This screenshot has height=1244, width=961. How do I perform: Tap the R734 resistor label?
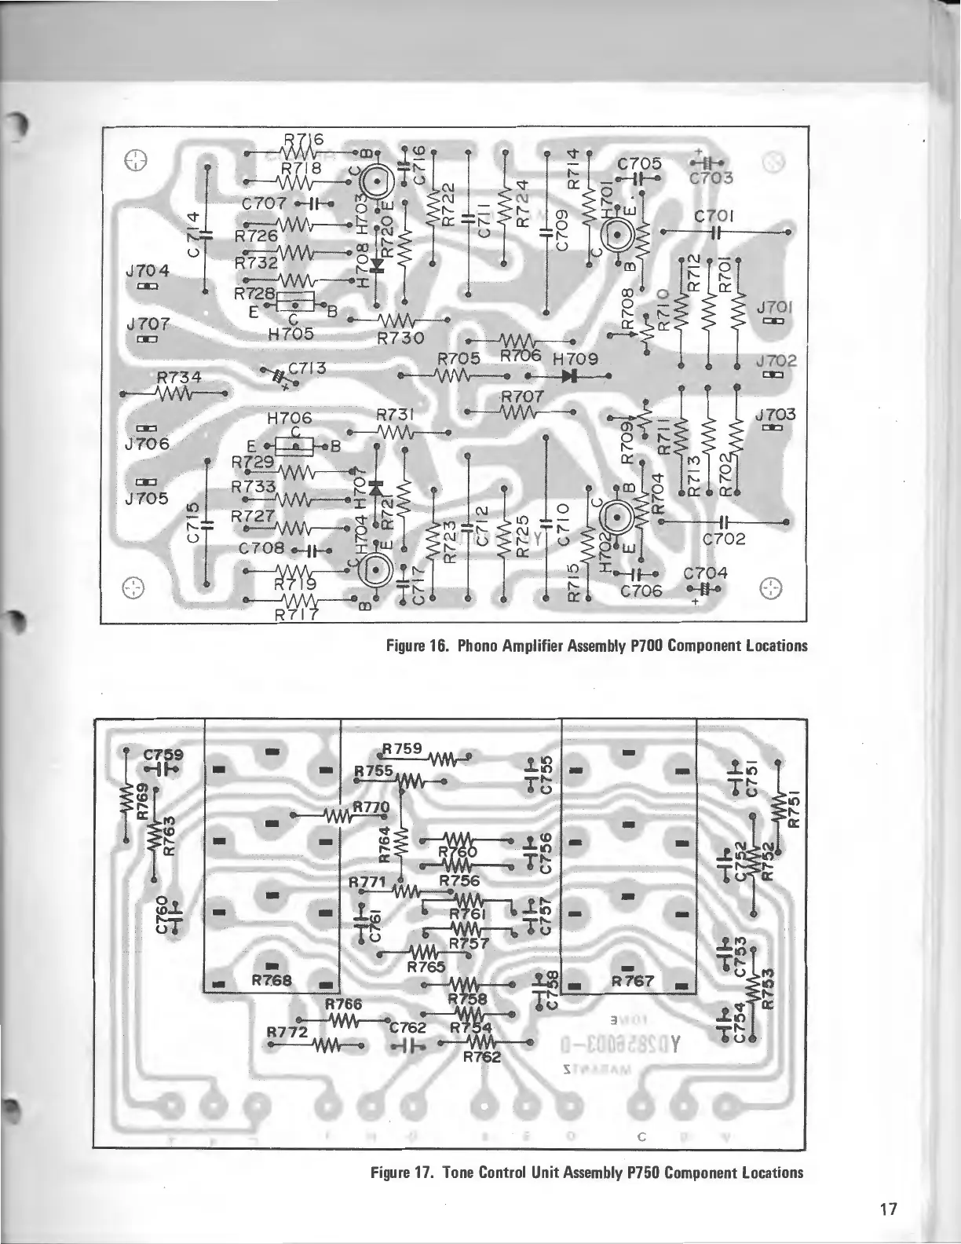click(179, 378)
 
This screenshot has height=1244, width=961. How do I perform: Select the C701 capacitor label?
click(714, 215)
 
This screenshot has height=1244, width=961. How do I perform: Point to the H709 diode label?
click(576, 359)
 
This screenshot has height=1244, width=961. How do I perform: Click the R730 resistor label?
click(400, 338)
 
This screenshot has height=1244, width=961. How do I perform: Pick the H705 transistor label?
click(290, 333)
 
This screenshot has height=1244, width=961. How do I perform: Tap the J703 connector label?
click(776, 414)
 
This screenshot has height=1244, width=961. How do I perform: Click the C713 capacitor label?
click(307, 368)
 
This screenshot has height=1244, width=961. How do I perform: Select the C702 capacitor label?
click(724, 540)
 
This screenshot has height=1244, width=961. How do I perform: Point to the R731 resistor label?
click(396, 414)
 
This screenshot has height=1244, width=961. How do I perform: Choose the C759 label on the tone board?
click(163, 755)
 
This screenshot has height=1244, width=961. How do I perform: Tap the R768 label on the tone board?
click(272, 980)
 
